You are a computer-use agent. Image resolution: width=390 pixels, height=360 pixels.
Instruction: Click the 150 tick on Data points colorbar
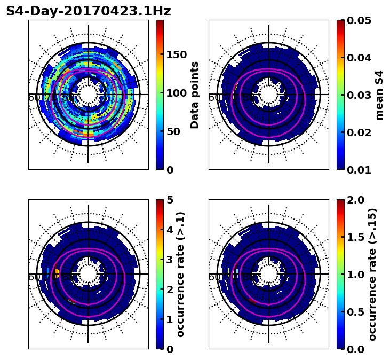(176, 54)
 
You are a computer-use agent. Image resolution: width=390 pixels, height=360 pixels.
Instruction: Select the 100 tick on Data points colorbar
(176, 93)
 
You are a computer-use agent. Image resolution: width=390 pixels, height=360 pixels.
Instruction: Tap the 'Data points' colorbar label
(195, 95)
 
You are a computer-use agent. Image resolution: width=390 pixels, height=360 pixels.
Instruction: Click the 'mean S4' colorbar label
(379, 95)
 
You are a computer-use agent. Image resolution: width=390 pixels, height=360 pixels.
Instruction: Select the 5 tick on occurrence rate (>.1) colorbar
(170, 200)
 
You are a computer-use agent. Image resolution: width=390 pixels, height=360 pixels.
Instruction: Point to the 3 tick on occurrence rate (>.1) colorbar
(170, 260)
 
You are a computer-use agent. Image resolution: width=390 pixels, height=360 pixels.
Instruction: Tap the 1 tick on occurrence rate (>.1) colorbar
(170, 319)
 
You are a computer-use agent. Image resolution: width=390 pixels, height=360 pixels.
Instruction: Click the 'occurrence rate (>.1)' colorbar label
(181, 274)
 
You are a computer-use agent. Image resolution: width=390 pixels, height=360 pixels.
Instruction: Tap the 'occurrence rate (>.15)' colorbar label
(372, 274)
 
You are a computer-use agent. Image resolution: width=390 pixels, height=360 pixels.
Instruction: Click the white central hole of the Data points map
(89, 95)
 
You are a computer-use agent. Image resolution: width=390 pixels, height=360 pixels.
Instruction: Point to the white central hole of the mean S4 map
(269, 95)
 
